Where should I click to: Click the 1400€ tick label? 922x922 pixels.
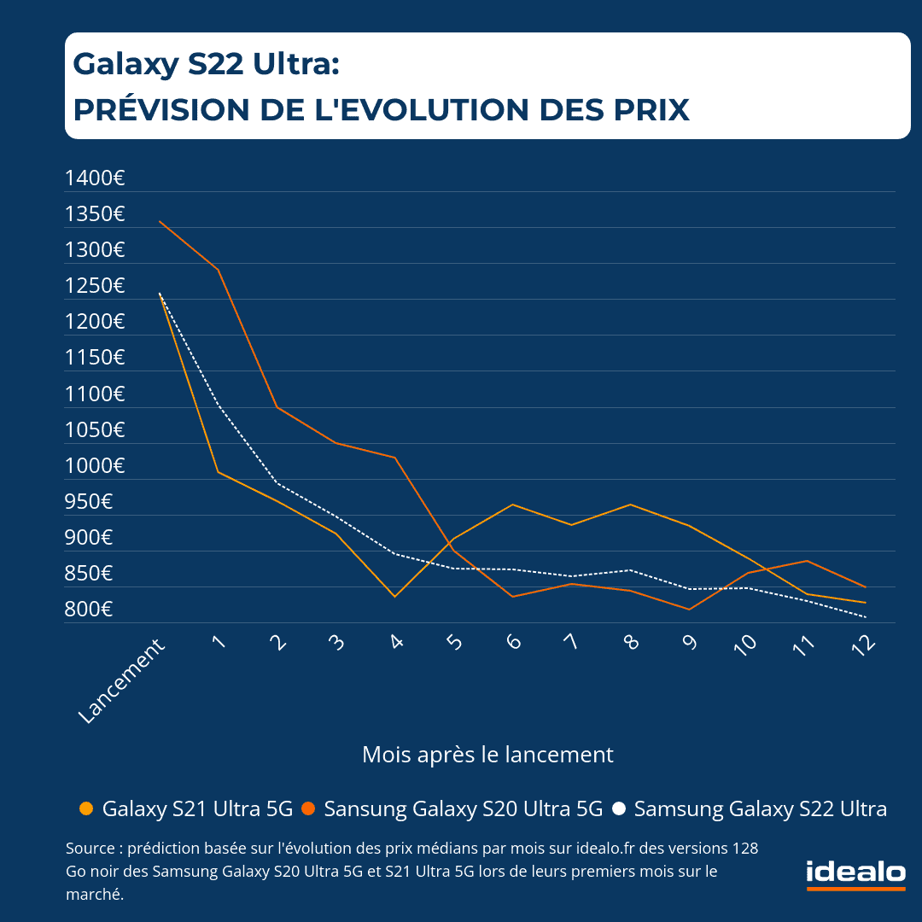[95, 178]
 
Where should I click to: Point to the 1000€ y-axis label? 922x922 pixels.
[95, 466]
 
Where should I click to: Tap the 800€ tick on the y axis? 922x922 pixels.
[89, 610]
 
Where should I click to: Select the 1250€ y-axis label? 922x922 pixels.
[95, 286]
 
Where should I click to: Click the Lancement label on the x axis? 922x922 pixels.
[121, 683]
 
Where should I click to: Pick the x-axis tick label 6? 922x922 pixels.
[513, 642]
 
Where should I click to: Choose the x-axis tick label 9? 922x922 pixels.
[689, 642]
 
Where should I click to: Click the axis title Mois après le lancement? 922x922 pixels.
[487, 755]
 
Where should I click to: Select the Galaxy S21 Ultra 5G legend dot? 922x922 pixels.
[85, 808]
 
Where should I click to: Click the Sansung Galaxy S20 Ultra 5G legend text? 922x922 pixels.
[464, 808]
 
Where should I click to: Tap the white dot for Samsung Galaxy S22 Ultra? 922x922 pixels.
[619, 808]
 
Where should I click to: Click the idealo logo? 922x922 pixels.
[855, 873]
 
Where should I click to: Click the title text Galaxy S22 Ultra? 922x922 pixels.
[207, 63]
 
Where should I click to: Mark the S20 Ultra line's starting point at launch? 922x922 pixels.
[160, 221]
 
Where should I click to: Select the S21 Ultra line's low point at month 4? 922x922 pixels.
[394, 596]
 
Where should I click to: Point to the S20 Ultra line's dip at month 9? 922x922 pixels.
[688, 609]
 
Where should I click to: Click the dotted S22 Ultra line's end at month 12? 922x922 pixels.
[866, 616]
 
